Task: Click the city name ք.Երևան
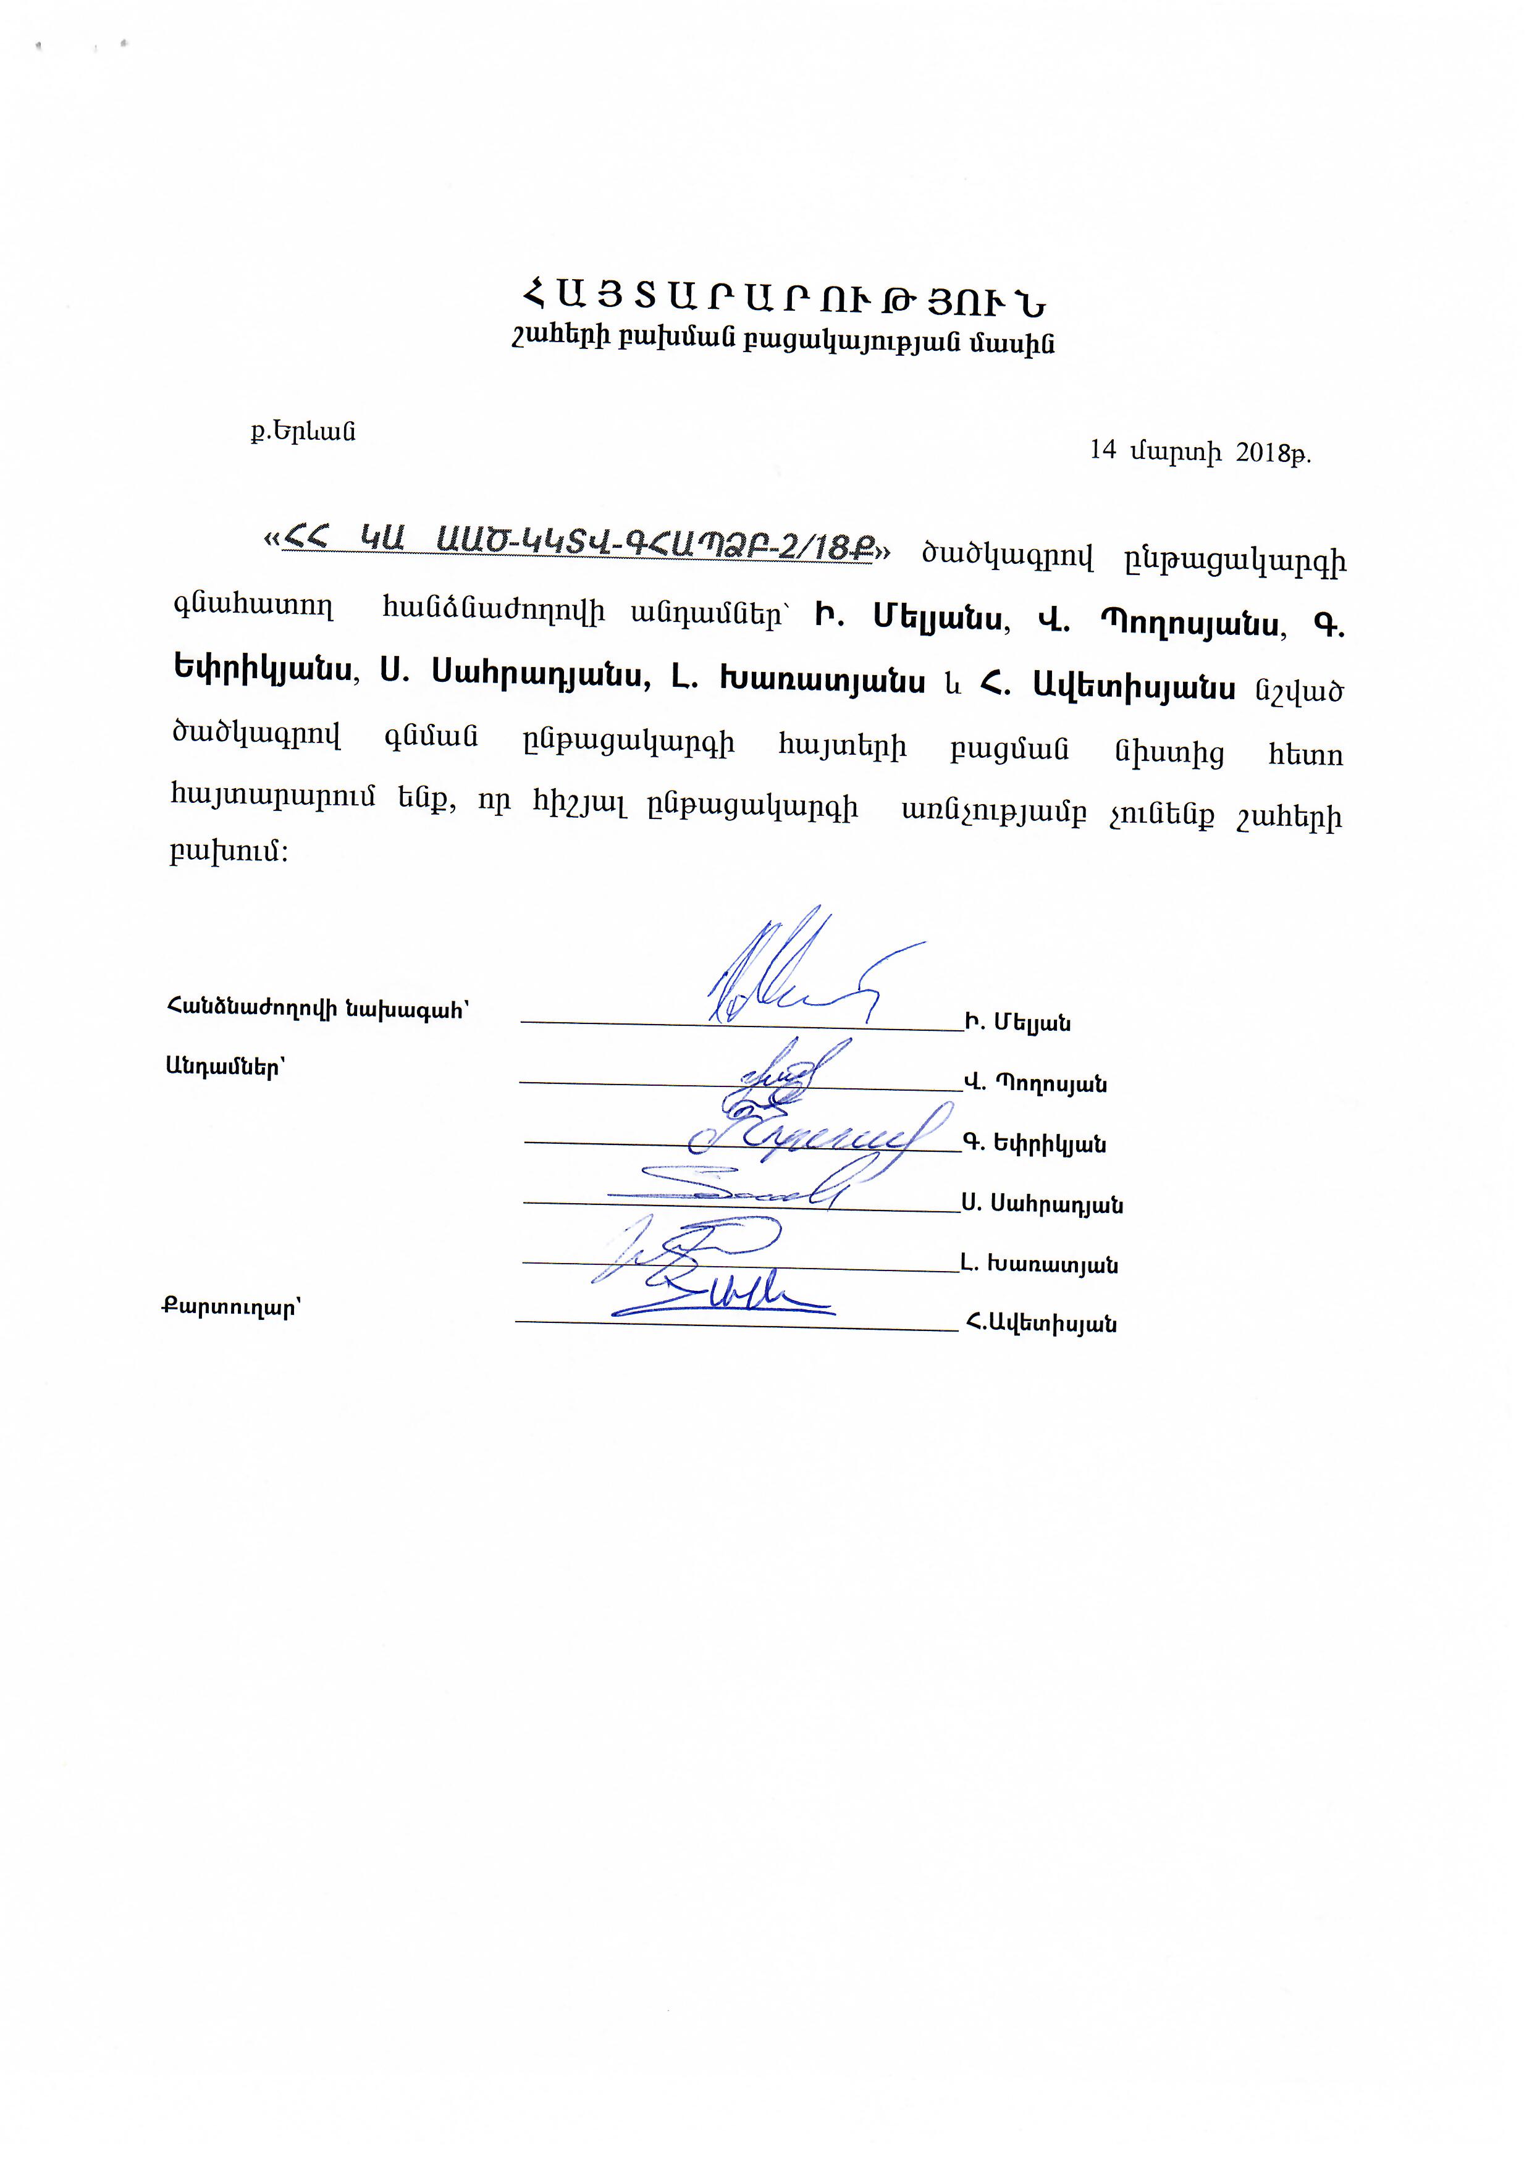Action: [x=303, y=432]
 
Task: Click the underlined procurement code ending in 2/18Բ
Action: [x=579, y=544]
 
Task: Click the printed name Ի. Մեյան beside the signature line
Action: [x=1018, y=1023]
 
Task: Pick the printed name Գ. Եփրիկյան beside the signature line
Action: [x=1034, y=1143]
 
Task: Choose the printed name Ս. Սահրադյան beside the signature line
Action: [x=1042, y=1204]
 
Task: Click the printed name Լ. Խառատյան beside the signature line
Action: [x=1040, y=1264]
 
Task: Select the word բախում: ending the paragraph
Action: [x=229, y=851]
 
